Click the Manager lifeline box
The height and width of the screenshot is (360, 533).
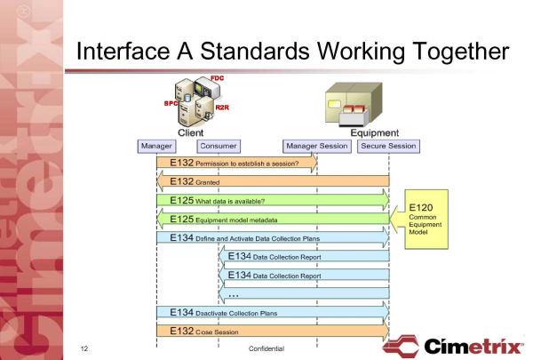click(156, 145)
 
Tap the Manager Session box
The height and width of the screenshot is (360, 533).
click(316, 145)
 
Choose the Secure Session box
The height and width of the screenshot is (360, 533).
click(388, 145)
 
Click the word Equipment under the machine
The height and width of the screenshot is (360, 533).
click(381, 132)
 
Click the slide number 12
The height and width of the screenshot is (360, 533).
click(84, 348)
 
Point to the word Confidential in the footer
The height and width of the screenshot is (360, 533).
click(266, 348)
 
